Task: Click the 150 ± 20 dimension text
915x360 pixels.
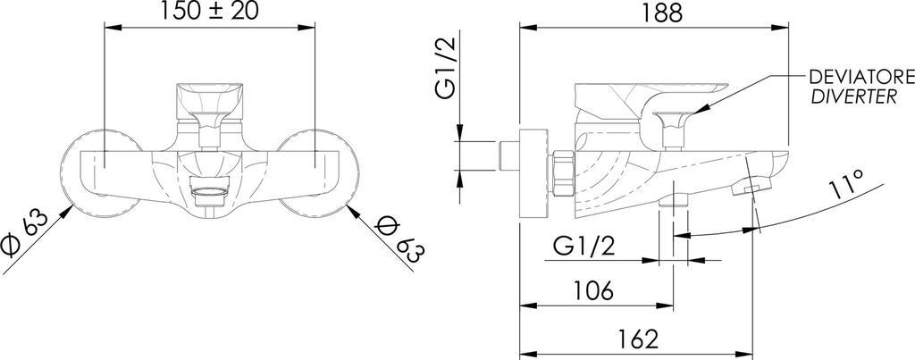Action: pos(210,13)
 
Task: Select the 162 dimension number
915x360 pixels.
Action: pos(638,339)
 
